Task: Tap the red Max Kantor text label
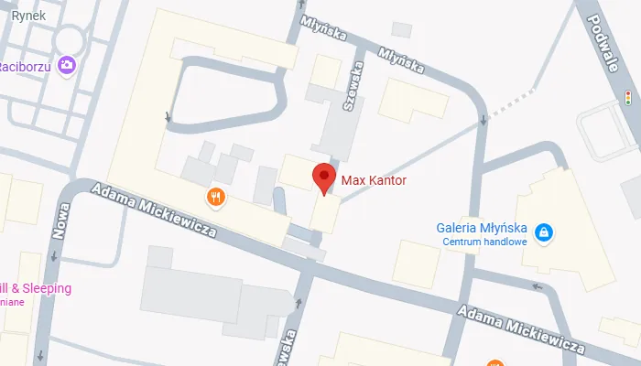coord(373,180)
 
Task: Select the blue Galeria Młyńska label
coord(482,228)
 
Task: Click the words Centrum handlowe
coord(484,242)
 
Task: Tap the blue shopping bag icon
coord(544,233)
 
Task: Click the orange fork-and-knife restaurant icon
coord(216,196)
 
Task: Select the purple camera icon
coord(66,64)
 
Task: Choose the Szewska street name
coord(348,91)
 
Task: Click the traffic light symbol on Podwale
coord(629,97)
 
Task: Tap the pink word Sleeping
coord(46,288)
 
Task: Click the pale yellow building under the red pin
coord(325,214)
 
